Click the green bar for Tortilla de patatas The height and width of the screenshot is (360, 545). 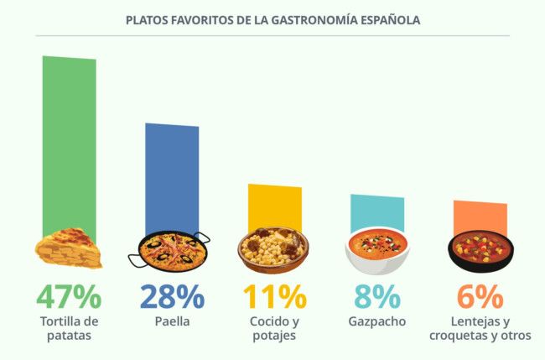click(69, 143)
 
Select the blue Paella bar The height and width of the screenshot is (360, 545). click(172, 176)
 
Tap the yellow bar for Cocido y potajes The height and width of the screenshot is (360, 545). click(274, 206)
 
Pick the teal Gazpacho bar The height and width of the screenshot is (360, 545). click(376, 212)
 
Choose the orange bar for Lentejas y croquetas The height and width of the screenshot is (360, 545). click(480, 217)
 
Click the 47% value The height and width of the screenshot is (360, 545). click(69, 297)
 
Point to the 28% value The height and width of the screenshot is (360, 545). click(172, 297)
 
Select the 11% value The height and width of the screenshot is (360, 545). click(274, 297)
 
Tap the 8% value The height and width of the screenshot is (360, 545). click(376, 297)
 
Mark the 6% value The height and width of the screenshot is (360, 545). click(480, 297)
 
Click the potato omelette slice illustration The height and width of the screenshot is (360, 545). click(69, 248)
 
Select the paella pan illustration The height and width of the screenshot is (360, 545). click(170, 249)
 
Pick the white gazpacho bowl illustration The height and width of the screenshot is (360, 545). click(376, 250)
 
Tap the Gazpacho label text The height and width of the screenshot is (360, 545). click(376, 321)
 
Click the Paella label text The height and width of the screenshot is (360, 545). click(172, 321)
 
